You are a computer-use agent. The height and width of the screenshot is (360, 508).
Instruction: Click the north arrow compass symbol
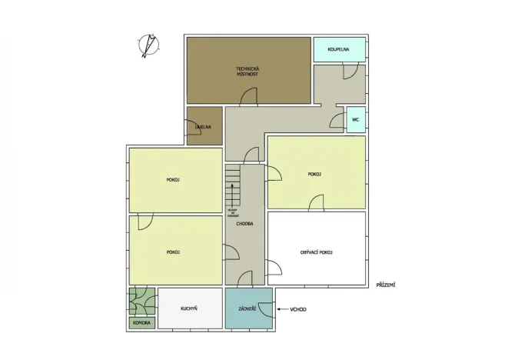point(148,46)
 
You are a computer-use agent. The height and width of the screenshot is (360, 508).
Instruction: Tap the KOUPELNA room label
point(338,49)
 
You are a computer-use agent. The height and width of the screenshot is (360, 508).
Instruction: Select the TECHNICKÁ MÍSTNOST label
point(247,71)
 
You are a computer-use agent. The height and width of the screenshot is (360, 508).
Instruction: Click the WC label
point(355,120)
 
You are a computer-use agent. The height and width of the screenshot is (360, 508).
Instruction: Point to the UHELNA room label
point(203,127)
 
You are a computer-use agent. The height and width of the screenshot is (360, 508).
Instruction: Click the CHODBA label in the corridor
point(245,225)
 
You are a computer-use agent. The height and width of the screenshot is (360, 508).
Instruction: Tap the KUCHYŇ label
point(189,308)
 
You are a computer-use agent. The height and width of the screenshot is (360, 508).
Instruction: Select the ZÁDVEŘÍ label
point(247,308)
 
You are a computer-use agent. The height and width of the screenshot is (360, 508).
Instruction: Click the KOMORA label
point(141,323)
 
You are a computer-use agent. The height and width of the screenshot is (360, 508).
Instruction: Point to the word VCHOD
point(298,310)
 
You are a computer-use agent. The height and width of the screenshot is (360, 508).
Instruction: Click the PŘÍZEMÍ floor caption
point(386,285)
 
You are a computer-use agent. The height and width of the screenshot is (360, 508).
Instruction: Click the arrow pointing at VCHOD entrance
point(283,310)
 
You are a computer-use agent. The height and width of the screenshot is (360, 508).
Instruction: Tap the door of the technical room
point(250,97)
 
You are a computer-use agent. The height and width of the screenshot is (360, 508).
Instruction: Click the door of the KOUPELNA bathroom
point(350,71)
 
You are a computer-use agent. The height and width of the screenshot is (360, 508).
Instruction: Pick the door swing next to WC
point(337,120)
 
